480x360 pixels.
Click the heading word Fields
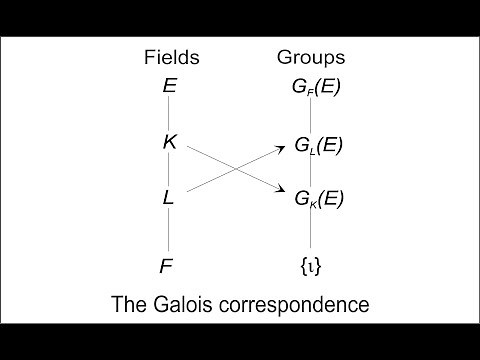pyautogui.click(x=172, y=58)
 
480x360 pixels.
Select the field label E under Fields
pyautogui.click(x=170, y=86)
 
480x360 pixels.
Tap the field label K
pyautogui.click(x=170, y=142)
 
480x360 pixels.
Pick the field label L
pyautogui.click(x=169, y=198)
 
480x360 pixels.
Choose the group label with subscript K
pyautogui.click(x=318, y=198)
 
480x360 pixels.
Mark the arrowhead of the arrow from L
pyautogui.click(x=281, y=146)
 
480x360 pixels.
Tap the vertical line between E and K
pyautogui.click(x=169, y=114)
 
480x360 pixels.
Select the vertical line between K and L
pyautogui.click(x=169, y=170)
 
